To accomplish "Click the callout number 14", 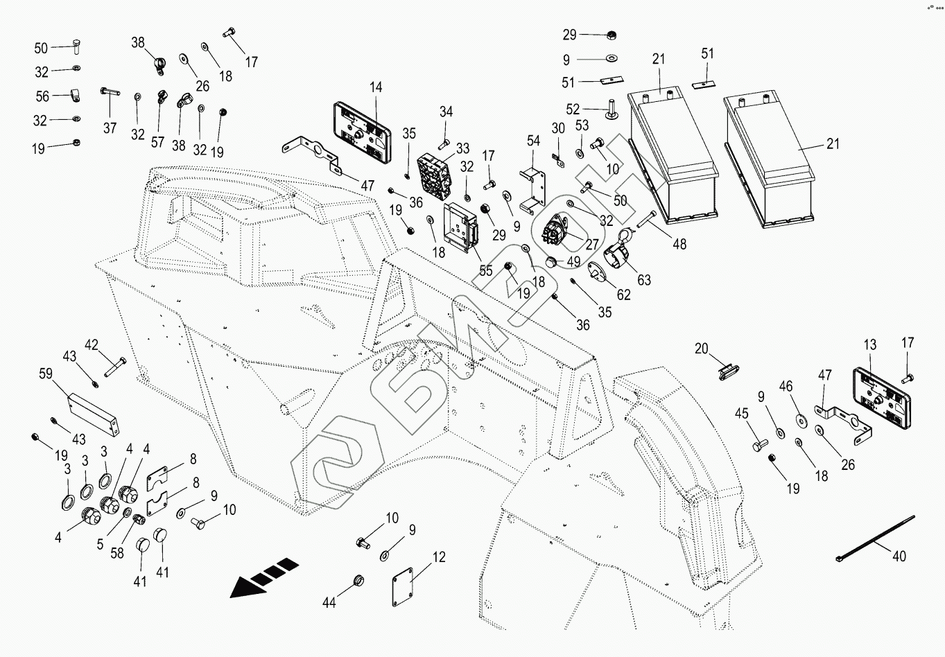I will [x=376, y=87].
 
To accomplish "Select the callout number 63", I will [x=644, y=280].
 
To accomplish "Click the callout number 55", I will [x=486, y=270].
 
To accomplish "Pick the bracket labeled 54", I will [x=533, y=186].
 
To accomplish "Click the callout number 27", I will [x=591, y=244].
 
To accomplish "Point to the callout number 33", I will [x=462, y=148].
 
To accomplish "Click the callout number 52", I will [x=573, y=109].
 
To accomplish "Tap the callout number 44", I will [x=329, y=603].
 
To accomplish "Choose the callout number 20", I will [x=702, y=349].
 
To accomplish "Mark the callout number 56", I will [x=42, y=96].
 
